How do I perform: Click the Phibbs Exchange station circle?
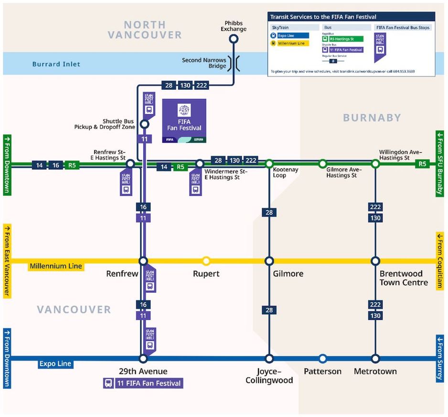(x=234, y=40)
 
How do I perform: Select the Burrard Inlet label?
(x=56, y=64)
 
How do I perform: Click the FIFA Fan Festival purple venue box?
(x=184, y=121)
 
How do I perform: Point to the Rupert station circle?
(x=206, y=261)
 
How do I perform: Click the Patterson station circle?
(x=323, y=358)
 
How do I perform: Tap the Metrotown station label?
(x=375, y=371)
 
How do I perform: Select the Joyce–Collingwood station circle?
(x=269, y=358)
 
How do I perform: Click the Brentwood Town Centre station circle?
(x=375, y=261)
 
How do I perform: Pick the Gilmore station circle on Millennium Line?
(x=269, y=261)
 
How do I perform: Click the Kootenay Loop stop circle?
(x=269, y=163)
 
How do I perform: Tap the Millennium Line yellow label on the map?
(x=56, y=266)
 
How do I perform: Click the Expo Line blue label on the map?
(x=55, y=364)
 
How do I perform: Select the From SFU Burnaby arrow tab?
(x=439, y=163)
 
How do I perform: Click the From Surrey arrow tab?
(x=439, y=358)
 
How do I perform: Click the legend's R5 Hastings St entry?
(x=343, y=39)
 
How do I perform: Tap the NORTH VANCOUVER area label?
(x=145, y=30)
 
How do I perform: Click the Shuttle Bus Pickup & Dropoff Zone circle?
(x=144, y=125)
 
